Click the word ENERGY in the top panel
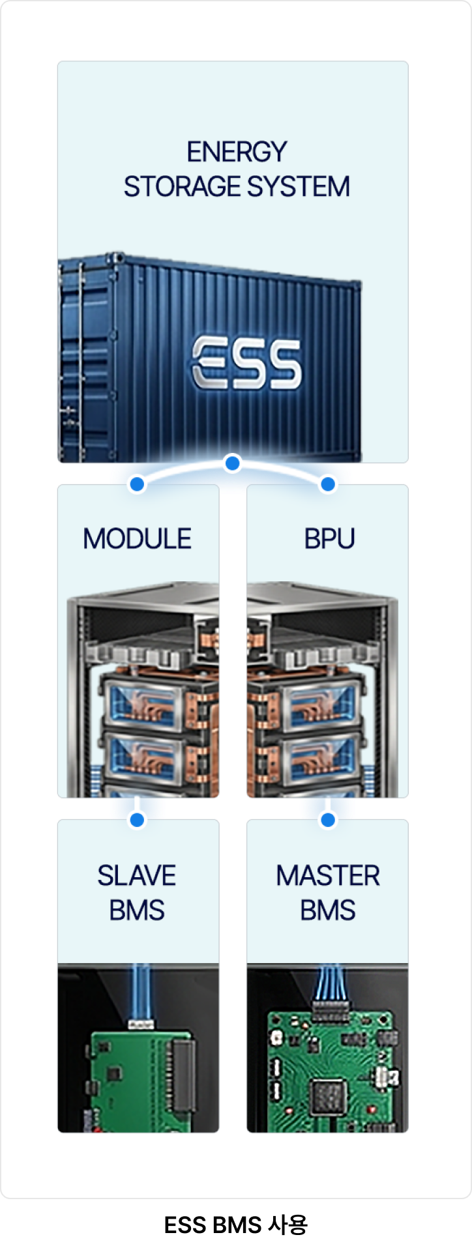(x=237, y=152)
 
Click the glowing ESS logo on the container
(x=246, y=362)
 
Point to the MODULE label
(x=138, y=539)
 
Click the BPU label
(x=329, y=539)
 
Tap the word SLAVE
(x=137, y=875)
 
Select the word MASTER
(x=328, y=875)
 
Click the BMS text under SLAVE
(x=137, y=910)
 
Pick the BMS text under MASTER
(x=328, y=910)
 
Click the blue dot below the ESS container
(x=232, y=463)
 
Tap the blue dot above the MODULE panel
(x=137, y=484)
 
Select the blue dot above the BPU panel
(x=328, y=484)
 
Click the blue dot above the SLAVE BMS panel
(x=137, y=820)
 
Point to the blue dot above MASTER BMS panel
(x=328, y=820)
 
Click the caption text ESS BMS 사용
(x=236, y=1225)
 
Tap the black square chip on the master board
(x=327, y=1097)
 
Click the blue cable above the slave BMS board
(x=141, y=991)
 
